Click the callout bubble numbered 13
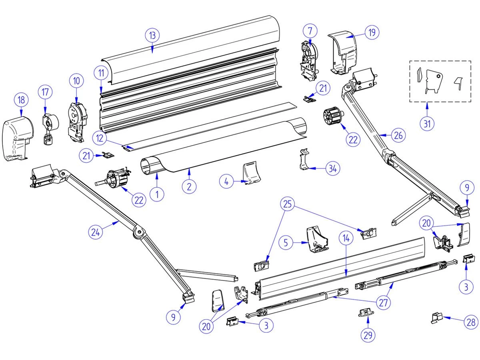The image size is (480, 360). (x=152, y=36)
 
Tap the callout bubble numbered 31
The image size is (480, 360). (x=427, y=124)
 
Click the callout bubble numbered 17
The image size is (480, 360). (x=45, y=92)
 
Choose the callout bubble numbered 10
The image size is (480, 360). (x=76, y=80)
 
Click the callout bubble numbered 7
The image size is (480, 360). (x=310, y=30)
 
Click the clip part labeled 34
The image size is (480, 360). (x=305, y=160)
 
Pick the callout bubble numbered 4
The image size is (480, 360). (x=226, y=182)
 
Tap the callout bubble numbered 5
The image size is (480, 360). (x=286, y=243)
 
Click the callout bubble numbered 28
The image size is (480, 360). (x=471, y=322)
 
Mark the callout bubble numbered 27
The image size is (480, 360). (x=384, y=303)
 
